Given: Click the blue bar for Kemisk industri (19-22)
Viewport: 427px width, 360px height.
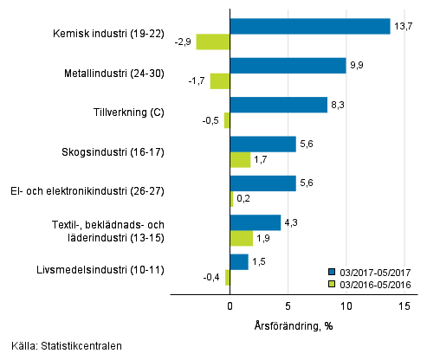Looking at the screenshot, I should (310, 27).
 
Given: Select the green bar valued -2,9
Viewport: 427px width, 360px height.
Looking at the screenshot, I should (213, 42).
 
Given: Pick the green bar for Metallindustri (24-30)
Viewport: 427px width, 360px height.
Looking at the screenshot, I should (220, 81).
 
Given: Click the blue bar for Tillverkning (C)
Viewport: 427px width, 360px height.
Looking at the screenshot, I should (279, 105).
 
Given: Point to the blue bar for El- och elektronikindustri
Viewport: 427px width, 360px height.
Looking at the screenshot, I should (262, 183).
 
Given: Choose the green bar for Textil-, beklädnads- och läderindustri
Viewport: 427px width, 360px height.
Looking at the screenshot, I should (242, 238).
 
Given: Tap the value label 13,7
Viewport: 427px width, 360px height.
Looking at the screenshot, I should (403, 26).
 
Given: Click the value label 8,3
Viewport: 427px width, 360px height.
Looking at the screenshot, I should (340, 105).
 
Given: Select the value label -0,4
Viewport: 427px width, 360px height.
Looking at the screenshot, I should (211, 277).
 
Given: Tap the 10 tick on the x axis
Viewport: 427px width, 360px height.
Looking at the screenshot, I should (346, 305).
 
